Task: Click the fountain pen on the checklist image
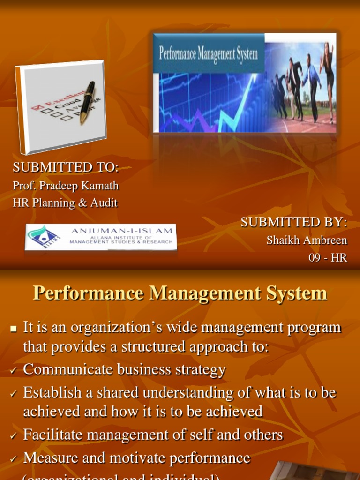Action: click(x=87, y=103)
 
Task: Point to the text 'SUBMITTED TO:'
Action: click(x=66, y=167)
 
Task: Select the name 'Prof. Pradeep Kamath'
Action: click(x=66, y=186)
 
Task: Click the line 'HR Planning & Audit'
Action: click(x=65, y=203)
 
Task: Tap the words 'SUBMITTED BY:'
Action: click(x=294, y=223)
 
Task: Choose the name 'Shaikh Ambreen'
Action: click(x=307, y=240)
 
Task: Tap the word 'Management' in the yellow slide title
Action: click(x=199, y=293)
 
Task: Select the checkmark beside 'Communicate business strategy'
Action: click(x=13, y=371)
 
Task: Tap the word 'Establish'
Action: click(x=54, y=392)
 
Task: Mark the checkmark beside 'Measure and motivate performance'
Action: click(x=13, y=459)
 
